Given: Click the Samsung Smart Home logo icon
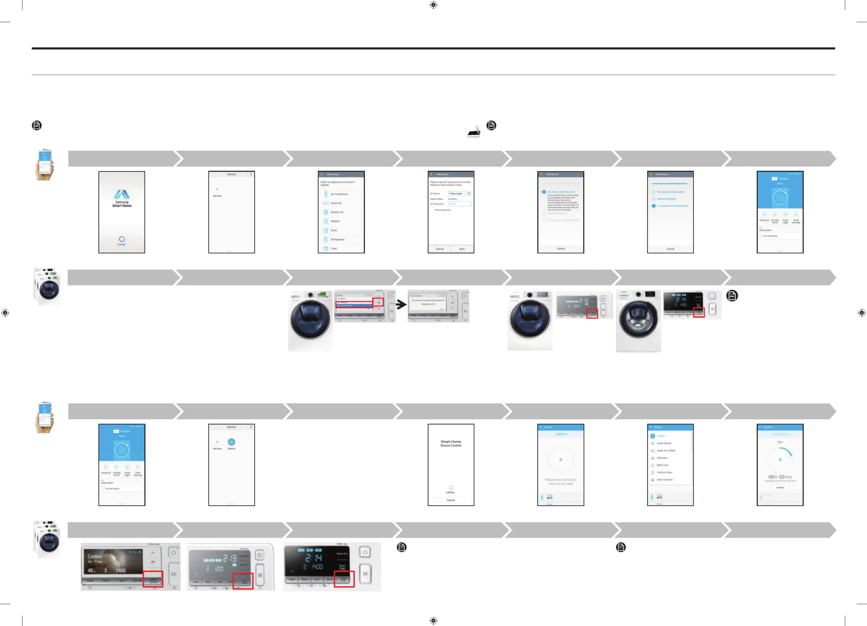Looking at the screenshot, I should (x=122, y=194).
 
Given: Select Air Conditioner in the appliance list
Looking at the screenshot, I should (x=339, y=194).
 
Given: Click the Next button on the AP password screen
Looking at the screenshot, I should (x=462, y=249).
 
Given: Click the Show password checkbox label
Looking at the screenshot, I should (x=443, y=210).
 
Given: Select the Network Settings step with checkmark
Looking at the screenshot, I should (x=666, y=199).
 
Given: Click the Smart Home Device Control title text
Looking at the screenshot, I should (x=451, y=443).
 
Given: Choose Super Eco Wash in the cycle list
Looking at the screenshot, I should (x=666, y=451).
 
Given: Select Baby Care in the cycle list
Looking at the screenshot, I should (x=663, y=465).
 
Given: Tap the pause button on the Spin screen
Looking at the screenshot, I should (x=780, y=460).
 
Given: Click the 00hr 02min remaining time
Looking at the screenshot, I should (x=780, y=477).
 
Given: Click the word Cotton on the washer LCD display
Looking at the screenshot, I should (x=95, y=557).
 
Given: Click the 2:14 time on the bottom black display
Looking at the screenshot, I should (x=314, y=558).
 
